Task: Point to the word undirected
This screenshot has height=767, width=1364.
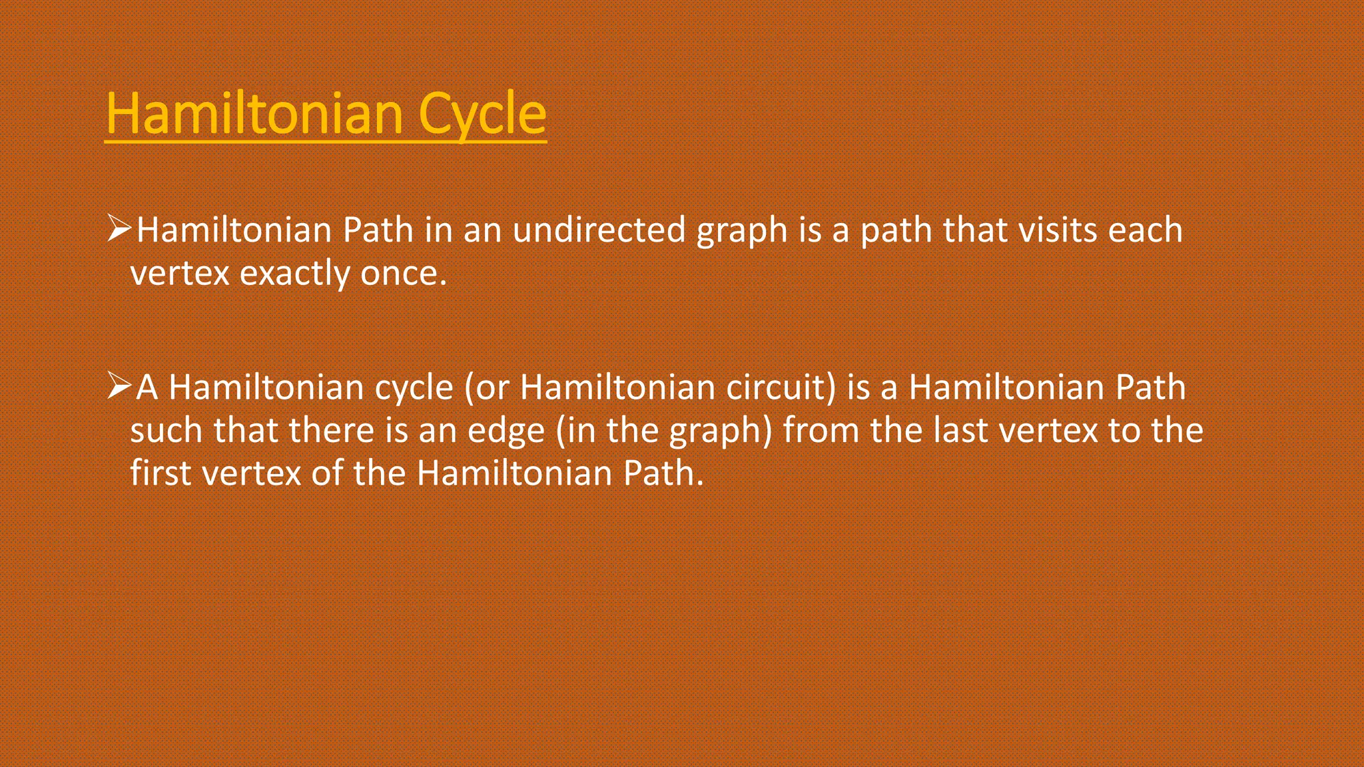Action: click(x=599, y=230)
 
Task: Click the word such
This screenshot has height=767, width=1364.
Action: click(x=166, y=431)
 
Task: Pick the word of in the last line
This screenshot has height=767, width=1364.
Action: click(x=326, y=473)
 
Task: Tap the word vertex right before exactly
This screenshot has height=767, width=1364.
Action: click(x=179, y=274)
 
